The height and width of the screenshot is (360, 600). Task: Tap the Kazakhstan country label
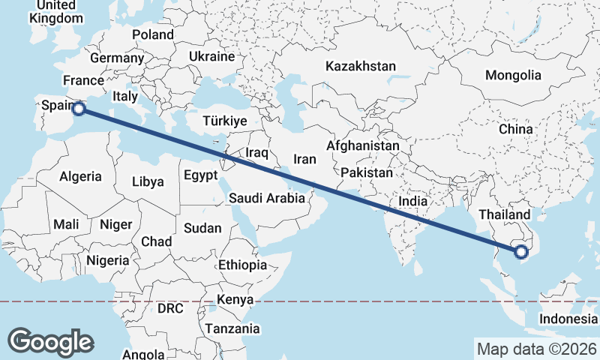click(360, 67)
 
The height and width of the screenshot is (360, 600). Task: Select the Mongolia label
click(513, 75)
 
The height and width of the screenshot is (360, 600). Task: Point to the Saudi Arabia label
click(267, 199)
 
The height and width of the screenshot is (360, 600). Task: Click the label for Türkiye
click(225, 121)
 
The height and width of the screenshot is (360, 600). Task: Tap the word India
click(412, 201)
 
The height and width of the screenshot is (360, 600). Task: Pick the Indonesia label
click(568, 319)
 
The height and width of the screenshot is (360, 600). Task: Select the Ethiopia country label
click(242, 265)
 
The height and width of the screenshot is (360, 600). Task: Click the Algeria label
click(80, 177)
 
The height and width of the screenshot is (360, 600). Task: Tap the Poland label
click(153, 34)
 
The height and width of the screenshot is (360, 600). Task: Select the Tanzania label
click(232, 328)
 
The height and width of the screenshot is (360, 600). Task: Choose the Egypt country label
click(200, 175)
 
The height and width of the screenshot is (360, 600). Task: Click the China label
click(516, 129)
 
